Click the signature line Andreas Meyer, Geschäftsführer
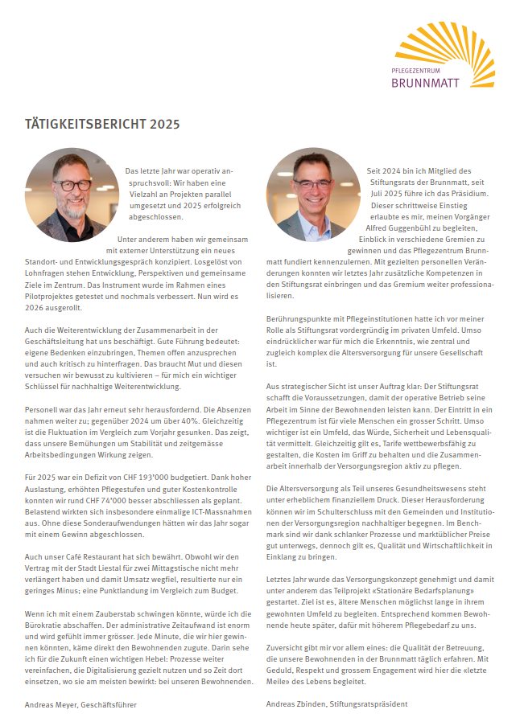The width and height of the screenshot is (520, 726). [80, 704]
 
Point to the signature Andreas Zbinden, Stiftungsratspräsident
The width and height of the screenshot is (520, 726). [336, 704]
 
